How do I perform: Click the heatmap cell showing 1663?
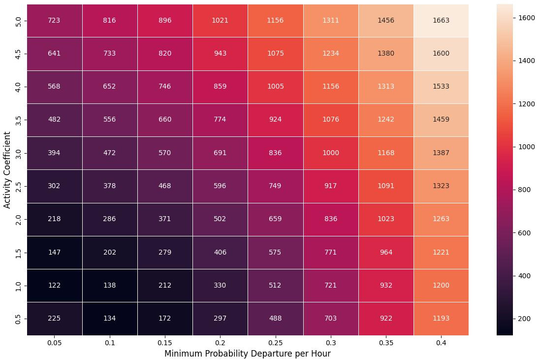point(441,21)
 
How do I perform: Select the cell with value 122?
point(55,285)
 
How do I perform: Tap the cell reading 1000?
point(330,153)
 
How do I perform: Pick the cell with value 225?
point(55,318)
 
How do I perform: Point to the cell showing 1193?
point(441,318)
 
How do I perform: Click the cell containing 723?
point(55,21)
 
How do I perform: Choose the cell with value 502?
point(220,219)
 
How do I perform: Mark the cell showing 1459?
point(441,120)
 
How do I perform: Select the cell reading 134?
point(110,318)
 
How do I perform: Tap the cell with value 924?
point(275,120)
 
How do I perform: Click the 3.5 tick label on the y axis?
point(18,120)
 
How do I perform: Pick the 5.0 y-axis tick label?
point(18,21)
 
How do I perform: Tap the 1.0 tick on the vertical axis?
point(18,285)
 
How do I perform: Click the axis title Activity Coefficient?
point(7,169)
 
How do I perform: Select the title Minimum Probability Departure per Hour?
point(248,353)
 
